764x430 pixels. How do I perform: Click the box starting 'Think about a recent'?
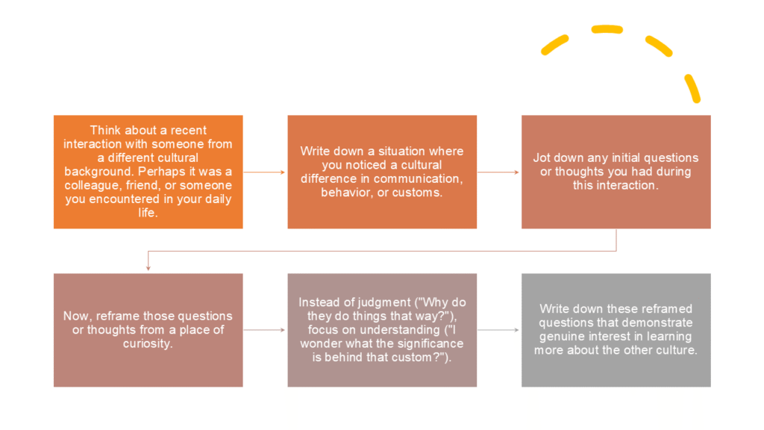tap(148, 172)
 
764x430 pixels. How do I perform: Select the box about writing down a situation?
tap(382, 172)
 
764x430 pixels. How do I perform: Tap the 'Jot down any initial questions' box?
tap(616, 172)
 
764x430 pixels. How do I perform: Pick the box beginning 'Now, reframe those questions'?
tap(148, 330)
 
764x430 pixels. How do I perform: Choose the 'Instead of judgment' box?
tap(382, 330)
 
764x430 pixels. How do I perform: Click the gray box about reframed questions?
tap(616, 330)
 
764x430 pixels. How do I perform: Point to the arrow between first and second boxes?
tap(264, 172)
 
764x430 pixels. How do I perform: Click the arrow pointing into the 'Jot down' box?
tap(498, 172)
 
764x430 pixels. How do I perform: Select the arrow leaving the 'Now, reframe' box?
tap(264, 330)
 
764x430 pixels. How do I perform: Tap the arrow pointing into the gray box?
tap(498, 330)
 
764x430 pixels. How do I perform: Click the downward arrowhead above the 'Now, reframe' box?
tap(148, 268)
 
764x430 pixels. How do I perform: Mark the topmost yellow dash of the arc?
tap(607, 29)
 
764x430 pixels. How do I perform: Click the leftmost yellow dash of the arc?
tap(555, 45)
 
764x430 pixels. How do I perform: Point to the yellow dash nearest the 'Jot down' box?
tap(692, 88)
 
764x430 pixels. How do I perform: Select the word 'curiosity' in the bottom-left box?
tap(146, 343)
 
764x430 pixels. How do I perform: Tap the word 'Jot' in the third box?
tap(542, 158)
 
